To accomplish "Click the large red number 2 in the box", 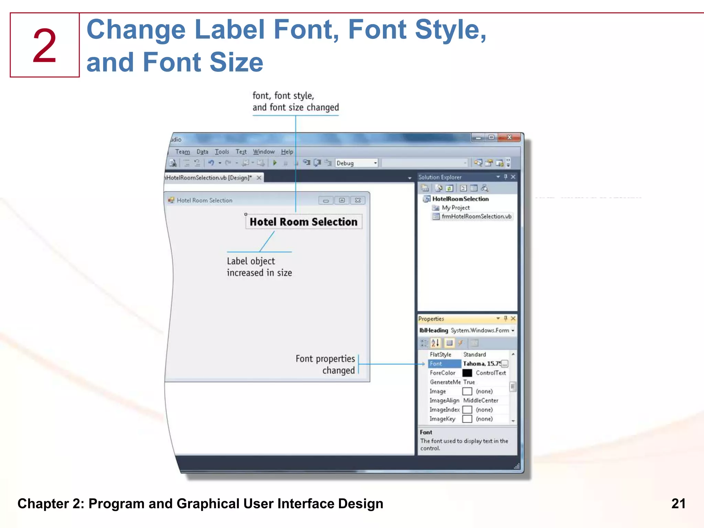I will (45, 46).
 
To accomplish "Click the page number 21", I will (678, 504).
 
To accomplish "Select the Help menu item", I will (287, 152).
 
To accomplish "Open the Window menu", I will (264, 152).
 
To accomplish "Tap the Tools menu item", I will (222, 152).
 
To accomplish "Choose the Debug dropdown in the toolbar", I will (356, 163).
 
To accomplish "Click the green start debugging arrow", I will (275, 163).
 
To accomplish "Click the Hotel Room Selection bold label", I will (304, 222).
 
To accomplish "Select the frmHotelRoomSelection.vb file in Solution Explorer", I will (476, 216).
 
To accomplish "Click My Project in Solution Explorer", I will (455, 208).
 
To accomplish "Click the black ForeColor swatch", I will (467, 373).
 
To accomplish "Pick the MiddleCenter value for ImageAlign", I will (481, 400).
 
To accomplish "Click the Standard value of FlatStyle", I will (474, 354).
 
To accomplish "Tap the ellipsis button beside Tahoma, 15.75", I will (504, 364).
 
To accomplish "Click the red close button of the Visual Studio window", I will (509, 137).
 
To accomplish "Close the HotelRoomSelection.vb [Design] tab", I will (259, 178).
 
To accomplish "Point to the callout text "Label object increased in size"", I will (259, 267).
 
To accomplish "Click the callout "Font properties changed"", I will (325, 364).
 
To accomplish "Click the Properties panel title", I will (431, 319).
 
